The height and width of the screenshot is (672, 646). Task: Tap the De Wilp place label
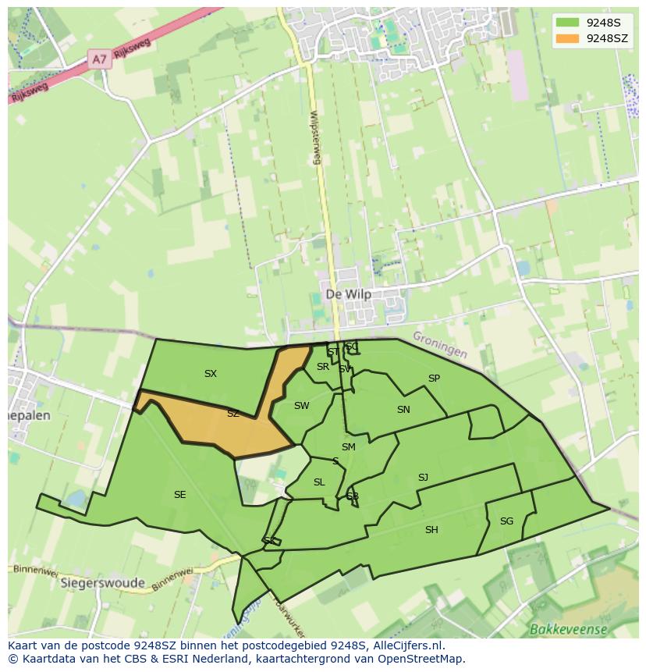pyautogui.click(x=348, y=294)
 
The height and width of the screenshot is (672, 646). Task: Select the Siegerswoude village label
pyautogui.click(x=102, y=583)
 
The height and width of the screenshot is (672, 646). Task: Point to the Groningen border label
pyautogui.click(x=440, y=344)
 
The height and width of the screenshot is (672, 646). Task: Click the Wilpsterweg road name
pyautogui.click(x=315, y=137)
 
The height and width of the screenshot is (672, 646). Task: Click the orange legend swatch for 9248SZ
pyautogui.click(x=567, y=38)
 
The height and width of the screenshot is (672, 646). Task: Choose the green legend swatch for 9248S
pyautogui.click(x=567, y=23)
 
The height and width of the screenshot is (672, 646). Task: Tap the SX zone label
pyautogui.click(x=211, y=374)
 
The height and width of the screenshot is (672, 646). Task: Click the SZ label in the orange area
pyautogui.click(x=232, y=414)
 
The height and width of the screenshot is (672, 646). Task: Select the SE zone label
pyautogui.click(x=180, y=495)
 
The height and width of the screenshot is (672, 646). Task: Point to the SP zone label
pyautogui.click(x=434, y=379)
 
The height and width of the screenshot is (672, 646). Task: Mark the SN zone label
pyautogui.click(x=403, y=410)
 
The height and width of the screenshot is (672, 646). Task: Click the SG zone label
pyautogui.click(x=506, y=521)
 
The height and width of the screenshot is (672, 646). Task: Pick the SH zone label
pyautogui.click(x=431, y=530)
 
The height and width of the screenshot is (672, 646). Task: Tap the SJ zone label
pyautogui.click(x=423, y=478)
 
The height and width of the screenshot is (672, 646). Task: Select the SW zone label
pyautogui.click(x=301, y=406)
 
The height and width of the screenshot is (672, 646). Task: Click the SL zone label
pyautogui.click(x=319, y=482)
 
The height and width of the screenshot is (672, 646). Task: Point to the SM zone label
pyautogui.click(x=348, y=447)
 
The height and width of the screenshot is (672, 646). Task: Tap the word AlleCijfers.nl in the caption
pyautogui.click(x=406, y=645)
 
